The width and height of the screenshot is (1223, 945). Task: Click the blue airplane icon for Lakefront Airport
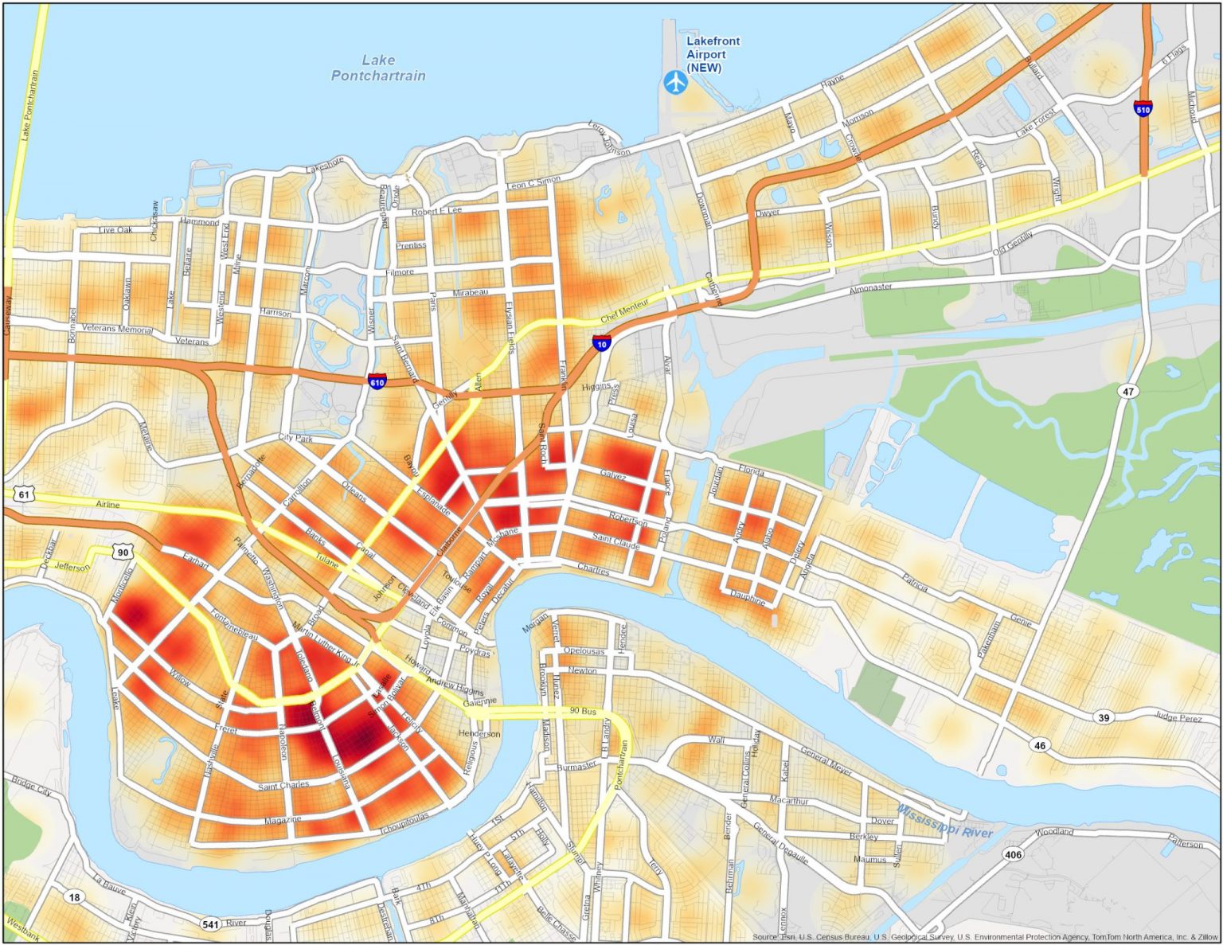click(x=675, y=81)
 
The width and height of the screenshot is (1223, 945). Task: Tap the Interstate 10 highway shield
click(x=602, y=343)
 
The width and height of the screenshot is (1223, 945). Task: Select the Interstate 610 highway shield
click(x=377, y=382)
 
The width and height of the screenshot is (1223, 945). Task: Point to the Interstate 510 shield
click(x=1143, y=108)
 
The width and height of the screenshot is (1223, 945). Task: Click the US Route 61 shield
click(x=24, y=494)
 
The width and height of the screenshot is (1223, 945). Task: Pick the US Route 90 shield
click(x=122, y=552)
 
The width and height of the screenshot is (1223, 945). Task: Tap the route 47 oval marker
click(x=1127, y=391)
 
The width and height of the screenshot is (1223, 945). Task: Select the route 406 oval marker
click(x=1013, y=854)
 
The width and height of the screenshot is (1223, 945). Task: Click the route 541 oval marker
click(x=210, y=924)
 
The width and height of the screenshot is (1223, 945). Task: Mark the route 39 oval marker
click(x=1104, y=717)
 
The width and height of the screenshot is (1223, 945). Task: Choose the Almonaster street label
click(x=870, y=287)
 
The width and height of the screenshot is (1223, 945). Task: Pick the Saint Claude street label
click(x=615, y=542)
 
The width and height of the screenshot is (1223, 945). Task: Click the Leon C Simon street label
click(x=533, y=183)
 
